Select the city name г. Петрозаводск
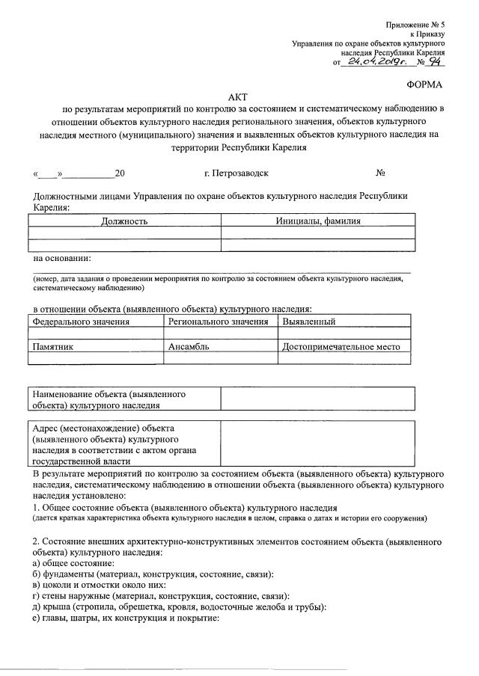tap(236, 173)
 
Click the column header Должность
tap(124, 221)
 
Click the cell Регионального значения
tap(219, 322)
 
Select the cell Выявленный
tap(308, 322)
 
